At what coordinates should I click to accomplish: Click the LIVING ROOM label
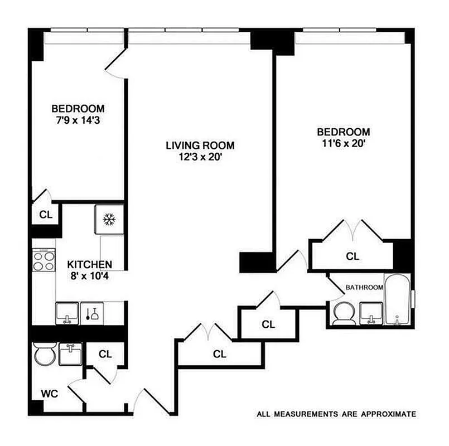click(200, 146)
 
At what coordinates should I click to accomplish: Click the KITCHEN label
click(90, 264)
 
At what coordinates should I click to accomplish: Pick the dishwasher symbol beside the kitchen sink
click(92, 313)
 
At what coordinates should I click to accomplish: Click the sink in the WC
click(70, 354)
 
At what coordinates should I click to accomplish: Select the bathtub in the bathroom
click(397, 299)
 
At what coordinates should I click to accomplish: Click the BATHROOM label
click(364, 288)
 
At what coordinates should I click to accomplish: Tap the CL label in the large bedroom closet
click(353, 256)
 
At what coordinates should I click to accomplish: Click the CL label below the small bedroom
click(45, 215)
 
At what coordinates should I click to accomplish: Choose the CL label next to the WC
click(105, 353)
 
